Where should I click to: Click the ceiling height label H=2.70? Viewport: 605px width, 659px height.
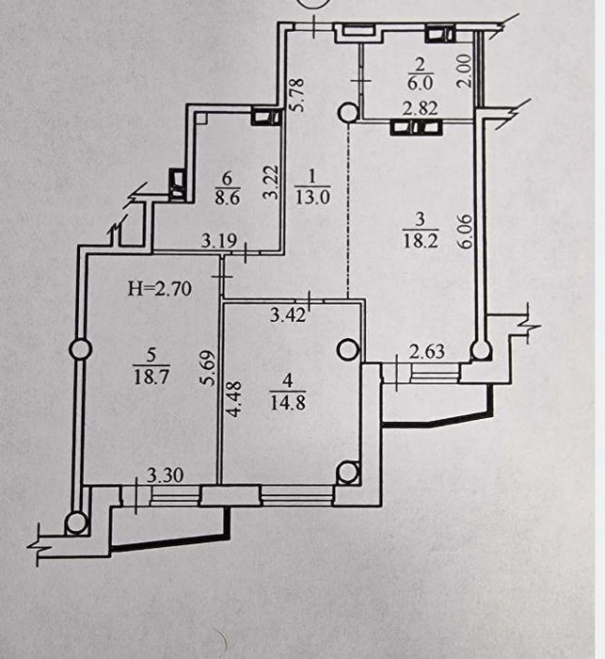pos(160,289)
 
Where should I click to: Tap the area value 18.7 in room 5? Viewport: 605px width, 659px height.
pos(151,376)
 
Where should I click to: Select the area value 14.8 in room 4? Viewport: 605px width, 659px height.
pos(288,402)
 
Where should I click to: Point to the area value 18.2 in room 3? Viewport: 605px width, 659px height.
pos(421,241)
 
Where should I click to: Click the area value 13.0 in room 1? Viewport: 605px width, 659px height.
pos(312,196)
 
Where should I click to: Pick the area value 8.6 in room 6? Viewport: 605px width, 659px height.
pos(228,197)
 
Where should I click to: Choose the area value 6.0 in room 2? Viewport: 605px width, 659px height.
pos(420,83)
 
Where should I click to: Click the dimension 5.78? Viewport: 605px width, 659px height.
pos(297,95)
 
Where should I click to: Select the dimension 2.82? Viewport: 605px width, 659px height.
pos(421,108)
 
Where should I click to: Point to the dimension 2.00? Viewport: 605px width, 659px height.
pos(465,71)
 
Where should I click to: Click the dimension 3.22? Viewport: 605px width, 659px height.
pos(271,182)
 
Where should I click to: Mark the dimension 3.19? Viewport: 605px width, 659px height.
pos(219,241)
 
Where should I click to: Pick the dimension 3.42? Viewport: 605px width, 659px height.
pos(288,314)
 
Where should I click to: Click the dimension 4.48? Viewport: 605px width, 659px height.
pos(234,399)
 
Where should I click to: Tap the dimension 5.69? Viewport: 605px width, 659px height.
pos(208,368)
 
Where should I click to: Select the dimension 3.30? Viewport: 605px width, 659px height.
pos(166,475)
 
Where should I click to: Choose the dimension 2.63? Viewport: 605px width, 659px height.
pos(427,351)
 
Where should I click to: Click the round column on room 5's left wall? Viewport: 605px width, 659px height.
pos(80,349)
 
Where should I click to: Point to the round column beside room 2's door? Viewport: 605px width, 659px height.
pos(348,112)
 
